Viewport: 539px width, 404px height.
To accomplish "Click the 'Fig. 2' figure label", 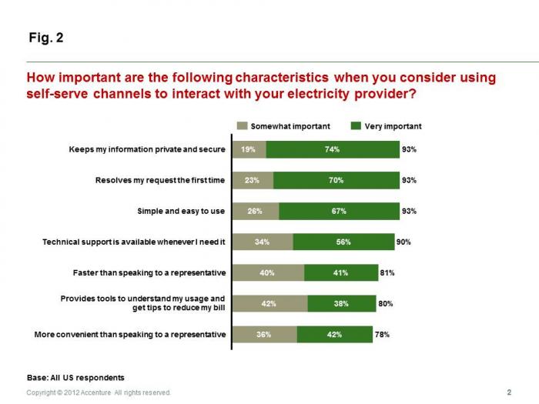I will coord(45,38).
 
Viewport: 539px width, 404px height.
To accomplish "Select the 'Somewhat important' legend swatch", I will coord(242,126).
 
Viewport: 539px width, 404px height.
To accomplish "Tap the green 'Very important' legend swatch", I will coord(356,126).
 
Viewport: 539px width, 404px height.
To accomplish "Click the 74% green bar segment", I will coord(333,149).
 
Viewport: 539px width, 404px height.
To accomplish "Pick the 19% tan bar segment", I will coord(249,149).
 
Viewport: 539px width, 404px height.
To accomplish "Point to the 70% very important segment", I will coord(336,180).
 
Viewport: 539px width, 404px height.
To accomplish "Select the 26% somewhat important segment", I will coord(256,211).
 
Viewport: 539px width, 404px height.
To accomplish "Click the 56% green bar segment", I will coord(343,242).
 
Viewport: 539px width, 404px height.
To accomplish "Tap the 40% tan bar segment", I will coord(268,272).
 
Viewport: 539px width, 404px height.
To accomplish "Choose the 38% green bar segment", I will coord(341,303).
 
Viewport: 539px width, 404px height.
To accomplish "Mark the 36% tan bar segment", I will coord(264,334).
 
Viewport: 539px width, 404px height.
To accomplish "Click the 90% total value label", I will coord(403,242).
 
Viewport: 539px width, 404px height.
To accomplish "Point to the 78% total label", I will coord(381,334).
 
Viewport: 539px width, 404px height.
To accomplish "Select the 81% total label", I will coord(387,272).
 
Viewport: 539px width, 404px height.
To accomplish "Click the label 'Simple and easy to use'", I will coord(182,211).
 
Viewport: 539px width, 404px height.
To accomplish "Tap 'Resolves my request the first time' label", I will coord(160,180).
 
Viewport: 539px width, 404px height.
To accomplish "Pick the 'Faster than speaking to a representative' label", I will coord(149,272).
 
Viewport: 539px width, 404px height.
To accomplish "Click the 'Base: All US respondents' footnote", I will coord(75,377).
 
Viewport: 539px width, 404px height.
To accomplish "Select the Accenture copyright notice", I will coord(99,392).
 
